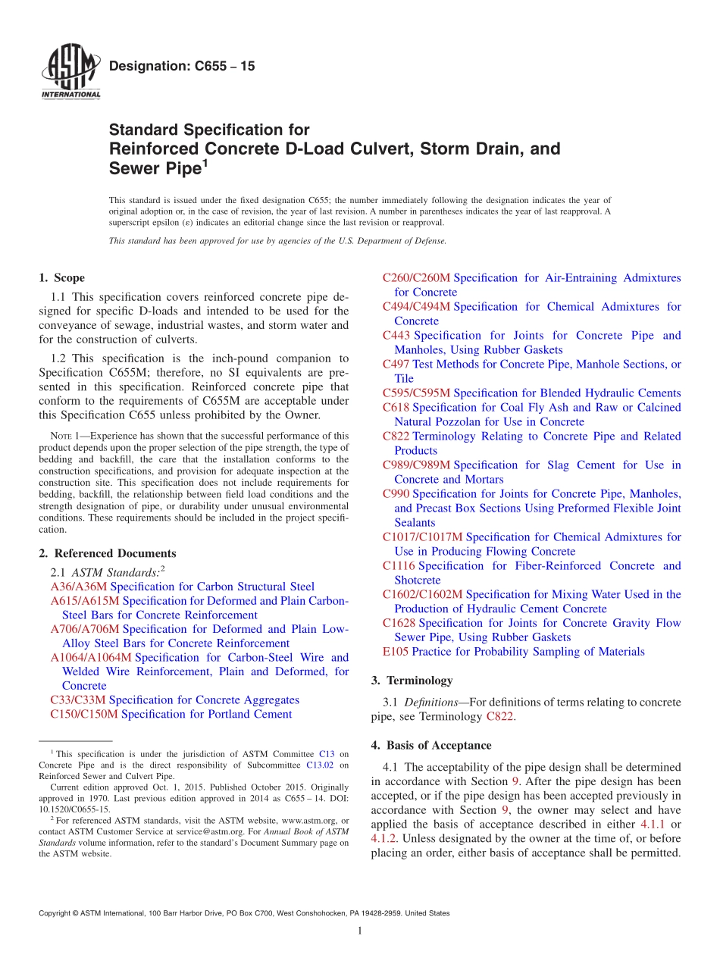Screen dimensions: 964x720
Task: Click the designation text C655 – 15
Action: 182,67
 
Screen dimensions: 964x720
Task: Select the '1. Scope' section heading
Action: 61,278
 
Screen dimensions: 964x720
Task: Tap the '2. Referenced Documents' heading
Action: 107,553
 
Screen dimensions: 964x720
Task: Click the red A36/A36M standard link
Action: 79,587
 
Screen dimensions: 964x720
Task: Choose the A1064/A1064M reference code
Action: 90,657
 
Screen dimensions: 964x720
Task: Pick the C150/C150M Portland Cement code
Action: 83,714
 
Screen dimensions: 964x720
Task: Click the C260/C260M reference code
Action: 416,278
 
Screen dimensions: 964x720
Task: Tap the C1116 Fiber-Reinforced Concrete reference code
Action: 399,565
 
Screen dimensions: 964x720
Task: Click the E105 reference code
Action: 396,652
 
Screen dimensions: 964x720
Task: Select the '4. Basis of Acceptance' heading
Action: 430,745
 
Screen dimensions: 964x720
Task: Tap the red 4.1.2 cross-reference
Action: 383,838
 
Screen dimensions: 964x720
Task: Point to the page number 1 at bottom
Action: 360,931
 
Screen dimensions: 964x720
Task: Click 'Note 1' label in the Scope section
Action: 63,436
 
